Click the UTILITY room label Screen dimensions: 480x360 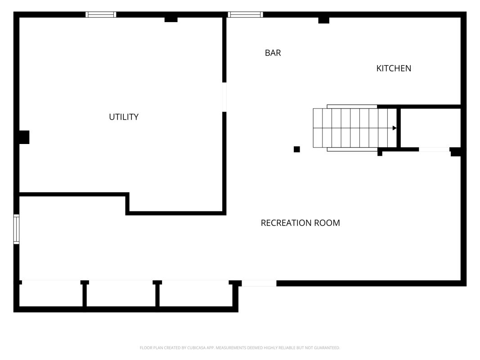point(124,117)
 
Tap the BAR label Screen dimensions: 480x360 point(273,53)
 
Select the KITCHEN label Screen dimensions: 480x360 point(394,68)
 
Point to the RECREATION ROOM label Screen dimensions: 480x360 point(301,223)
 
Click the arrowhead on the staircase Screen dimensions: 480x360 point(395,128)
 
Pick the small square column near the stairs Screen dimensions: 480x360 point(296,149)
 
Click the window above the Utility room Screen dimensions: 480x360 point(101,14)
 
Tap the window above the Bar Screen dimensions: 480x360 point(246,14)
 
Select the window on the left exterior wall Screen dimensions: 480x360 point(16,229)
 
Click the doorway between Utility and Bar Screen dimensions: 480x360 point(224,97)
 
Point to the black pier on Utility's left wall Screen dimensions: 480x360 point(24,137)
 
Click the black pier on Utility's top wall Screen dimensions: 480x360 point(171,20)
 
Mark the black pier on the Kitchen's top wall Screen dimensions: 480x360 point(324,20)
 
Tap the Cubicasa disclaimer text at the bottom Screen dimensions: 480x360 point(240,348)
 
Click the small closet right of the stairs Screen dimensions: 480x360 point(431,128)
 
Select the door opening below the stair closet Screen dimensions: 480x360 point(435,149)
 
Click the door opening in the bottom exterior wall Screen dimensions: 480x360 point(259,283)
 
